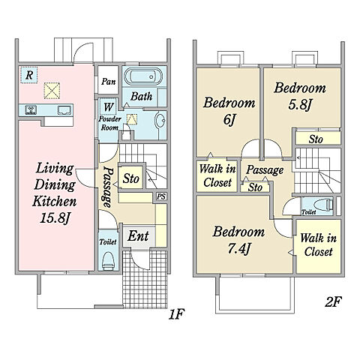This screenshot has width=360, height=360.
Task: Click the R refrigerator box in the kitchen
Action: (x=28, y=75)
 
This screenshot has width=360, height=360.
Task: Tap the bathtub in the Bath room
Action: (x=143, y=76)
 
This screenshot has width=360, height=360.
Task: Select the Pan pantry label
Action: (x=109, y=81)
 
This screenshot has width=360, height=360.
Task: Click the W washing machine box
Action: (x=108, y=107)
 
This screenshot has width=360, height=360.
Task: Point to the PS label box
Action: (x=161, y=196)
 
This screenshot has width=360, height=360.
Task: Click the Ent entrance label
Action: (x=138, y=235)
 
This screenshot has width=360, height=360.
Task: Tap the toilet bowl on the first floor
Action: (x=108, y=260)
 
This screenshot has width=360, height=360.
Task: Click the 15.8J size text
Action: (x=55, y=218)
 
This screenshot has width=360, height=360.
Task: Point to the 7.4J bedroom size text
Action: (x=239, y=249)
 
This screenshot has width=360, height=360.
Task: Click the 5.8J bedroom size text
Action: (x=300, y=105)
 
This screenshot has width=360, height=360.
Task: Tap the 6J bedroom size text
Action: (x=229, y=120)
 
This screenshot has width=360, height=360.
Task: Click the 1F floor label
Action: (x=177, y=314)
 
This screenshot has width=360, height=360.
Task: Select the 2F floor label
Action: (x=333, y=301)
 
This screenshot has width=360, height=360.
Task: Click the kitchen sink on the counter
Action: (x=64, y=110)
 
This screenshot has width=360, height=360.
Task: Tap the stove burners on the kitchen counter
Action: (x=31, y=110)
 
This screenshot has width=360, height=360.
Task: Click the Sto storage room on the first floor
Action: (x=131, y=178)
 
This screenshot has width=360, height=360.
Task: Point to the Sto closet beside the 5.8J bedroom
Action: (x=318, y=138)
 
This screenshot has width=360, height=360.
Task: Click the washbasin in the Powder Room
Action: (x=160, y=121)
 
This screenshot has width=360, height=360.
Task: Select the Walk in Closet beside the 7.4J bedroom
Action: (x=319, y=246)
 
